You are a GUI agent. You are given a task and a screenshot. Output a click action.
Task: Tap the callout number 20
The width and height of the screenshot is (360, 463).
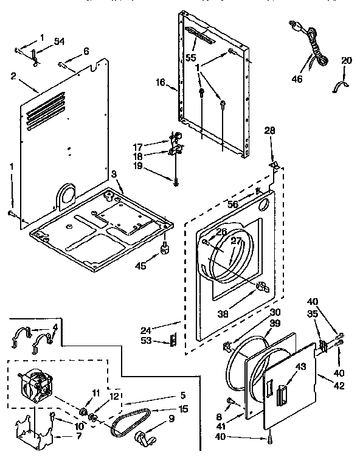[x=347, y=60]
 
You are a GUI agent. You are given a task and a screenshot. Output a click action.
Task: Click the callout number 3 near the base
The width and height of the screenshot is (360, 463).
[x=114, y=174]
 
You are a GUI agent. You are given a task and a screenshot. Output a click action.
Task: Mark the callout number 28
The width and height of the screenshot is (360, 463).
[x=270, y=131]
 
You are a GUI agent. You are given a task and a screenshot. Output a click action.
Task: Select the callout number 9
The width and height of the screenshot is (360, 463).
[x=171, y=418]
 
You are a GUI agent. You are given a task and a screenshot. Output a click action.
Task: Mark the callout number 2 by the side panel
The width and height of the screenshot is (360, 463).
[x=13, y=75]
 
